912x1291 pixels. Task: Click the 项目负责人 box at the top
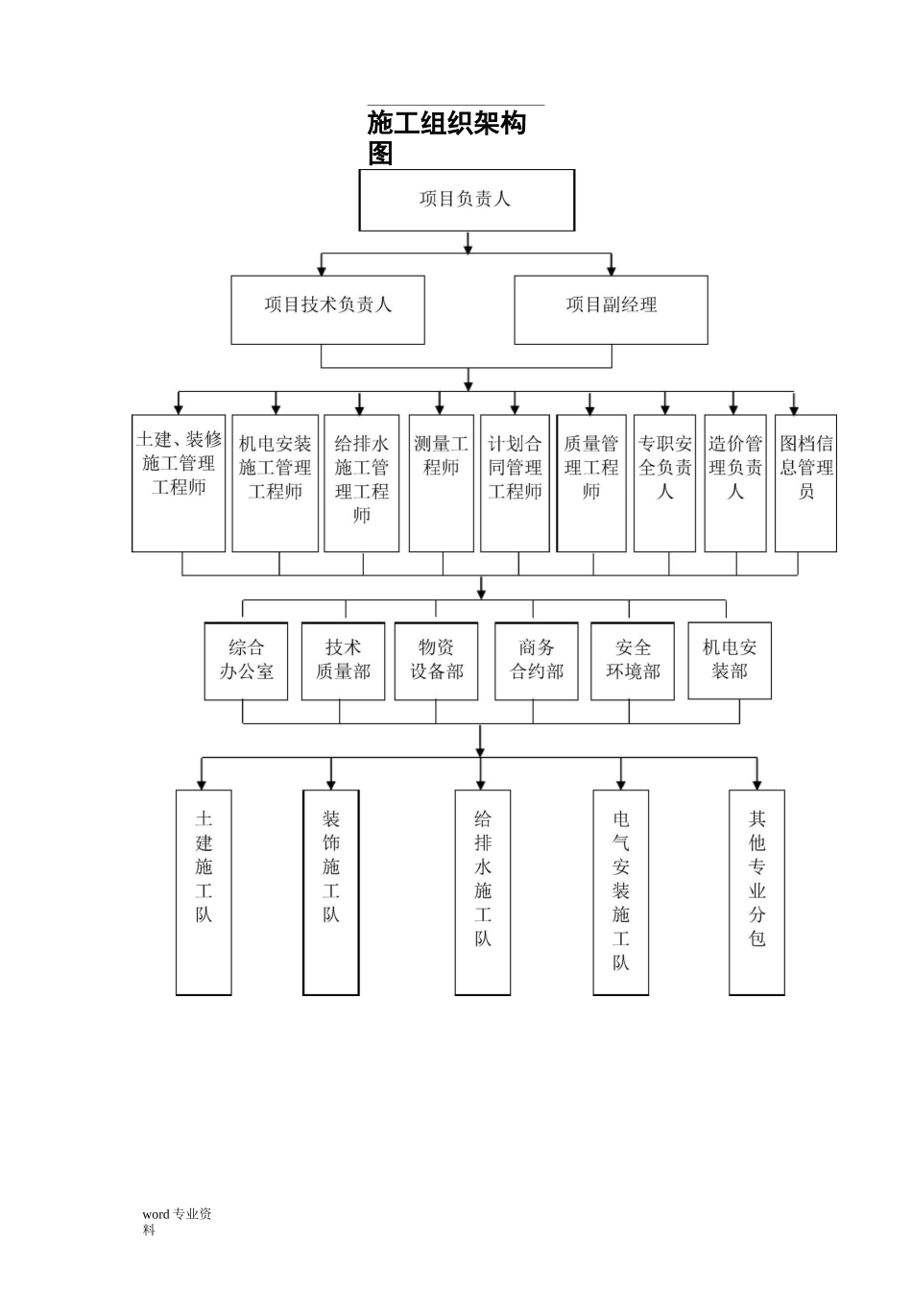point(467,200)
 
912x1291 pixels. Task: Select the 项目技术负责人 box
point(327,309)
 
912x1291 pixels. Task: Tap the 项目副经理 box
point(611,309)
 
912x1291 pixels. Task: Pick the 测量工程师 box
point(441,482)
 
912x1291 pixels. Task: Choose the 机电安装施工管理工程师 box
point(275,482)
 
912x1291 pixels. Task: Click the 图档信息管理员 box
point(805,482)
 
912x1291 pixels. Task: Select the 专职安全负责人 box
point(664,482)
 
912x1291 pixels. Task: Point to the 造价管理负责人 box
point(734,482)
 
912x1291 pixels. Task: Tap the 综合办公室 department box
point(246,661)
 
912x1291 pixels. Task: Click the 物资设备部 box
point(436,661)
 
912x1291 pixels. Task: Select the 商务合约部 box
point(537,661)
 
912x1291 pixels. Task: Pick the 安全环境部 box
point(633,661)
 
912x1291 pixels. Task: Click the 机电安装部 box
point(730,660)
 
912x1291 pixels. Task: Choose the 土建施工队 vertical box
point(204,891)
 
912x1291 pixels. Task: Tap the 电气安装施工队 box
point(621,891)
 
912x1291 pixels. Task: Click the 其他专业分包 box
point(756,891)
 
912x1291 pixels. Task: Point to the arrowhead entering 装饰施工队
point(331,785)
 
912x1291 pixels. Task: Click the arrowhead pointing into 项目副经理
point(612,271)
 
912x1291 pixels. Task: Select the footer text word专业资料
point(177,1221)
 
